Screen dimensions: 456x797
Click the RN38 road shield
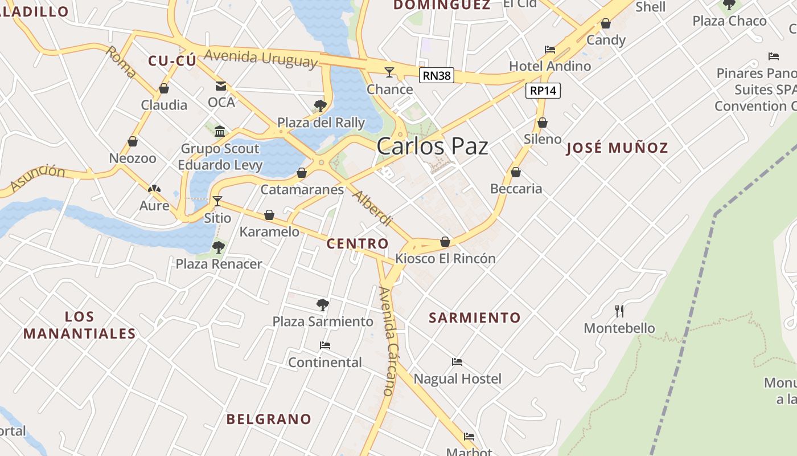[x=437, y=75]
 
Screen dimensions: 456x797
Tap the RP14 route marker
[x=544, y=90]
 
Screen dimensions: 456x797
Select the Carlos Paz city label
[x=432, y=146]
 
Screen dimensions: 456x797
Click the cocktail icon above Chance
[x=389, y=72]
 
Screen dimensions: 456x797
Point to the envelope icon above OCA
[x=221, y=86]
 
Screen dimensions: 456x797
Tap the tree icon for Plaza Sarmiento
[x=323, y=304]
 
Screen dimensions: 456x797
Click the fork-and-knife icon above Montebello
[x=619, y=311]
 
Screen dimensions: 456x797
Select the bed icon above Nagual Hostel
[x=457, y=361]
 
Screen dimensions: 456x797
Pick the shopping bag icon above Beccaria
[x=516, y=172]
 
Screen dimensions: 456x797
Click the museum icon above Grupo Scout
[x=220, y=132]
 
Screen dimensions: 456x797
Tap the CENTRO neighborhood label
[x=358, y=244]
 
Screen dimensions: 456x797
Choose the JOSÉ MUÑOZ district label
[x=617, y=148]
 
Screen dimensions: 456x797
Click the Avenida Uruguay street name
[x=261, y=58]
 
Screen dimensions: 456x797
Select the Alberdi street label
[x=373, y=208]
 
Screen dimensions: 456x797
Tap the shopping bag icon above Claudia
[x=164, y=88]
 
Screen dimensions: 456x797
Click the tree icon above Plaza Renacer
[x=218, y=247]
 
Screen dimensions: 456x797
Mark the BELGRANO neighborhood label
[x=269, y=419]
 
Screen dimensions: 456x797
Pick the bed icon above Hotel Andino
[x=550, y=50]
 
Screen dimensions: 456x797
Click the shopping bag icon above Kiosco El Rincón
[x=445, y=242]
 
